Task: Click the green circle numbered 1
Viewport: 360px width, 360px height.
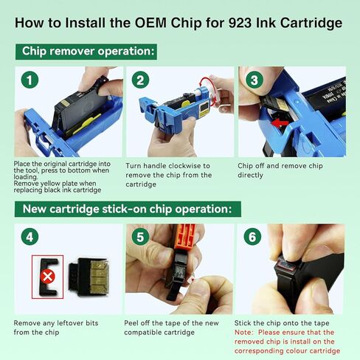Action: tap(29, 80)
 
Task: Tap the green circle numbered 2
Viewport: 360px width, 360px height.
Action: tap(141, 80)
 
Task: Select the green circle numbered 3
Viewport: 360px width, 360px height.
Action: tap(253, 80)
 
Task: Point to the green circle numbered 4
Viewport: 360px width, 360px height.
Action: tap(29, 238)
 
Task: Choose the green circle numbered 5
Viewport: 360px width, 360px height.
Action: tap(141, 238)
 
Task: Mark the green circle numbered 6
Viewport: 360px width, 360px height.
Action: tap(253, 238)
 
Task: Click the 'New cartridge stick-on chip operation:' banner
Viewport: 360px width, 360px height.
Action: tap(125, 209)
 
